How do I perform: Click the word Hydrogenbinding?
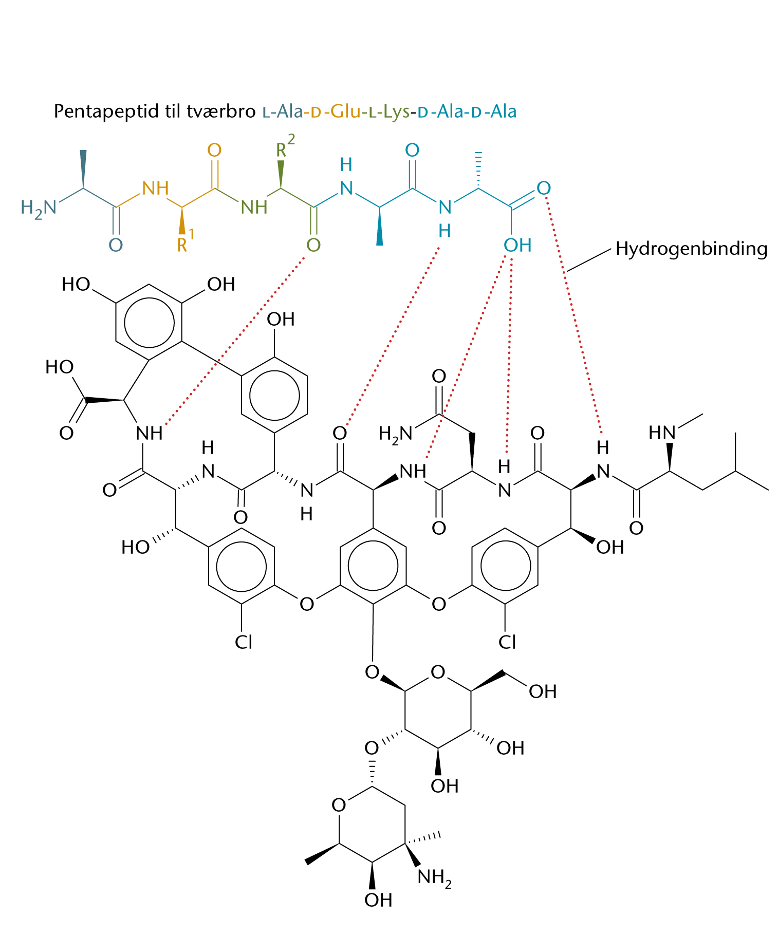[x=691, y=249]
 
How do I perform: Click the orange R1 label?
[x=185, y=243]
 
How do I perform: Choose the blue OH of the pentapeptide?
[x=517, y=246]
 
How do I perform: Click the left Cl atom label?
[x=244, y=642]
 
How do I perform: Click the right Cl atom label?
[x=507, y=642]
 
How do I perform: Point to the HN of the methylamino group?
[x=662, y=433]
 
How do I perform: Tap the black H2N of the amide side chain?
[x=395, y=434]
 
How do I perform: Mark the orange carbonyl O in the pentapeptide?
[x=214, y=151]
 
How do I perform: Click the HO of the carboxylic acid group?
[x=60, y=367]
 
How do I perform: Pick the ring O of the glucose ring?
[x=438, y=672]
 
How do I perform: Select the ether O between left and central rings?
[x=307, y=604]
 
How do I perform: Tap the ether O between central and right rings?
[x=438, y=604]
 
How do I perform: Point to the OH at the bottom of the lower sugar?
[x=378, y=900]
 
